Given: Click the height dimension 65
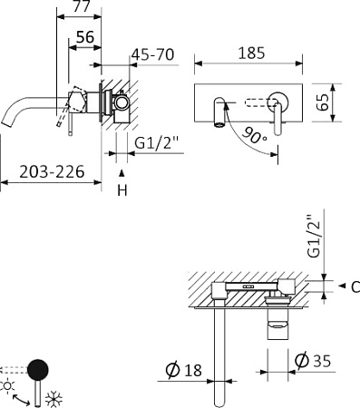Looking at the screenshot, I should (x=345, y=100).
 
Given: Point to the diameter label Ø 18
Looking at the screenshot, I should (x=187, y=372).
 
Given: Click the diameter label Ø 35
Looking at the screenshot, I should (x=313, y=361).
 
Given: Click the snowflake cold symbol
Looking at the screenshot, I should (x=52, y=396).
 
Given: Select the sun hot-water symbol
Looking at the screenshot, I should (x=9, y=386).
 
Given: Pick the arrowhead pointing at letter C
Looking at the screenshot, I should (x=341, y=287).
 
